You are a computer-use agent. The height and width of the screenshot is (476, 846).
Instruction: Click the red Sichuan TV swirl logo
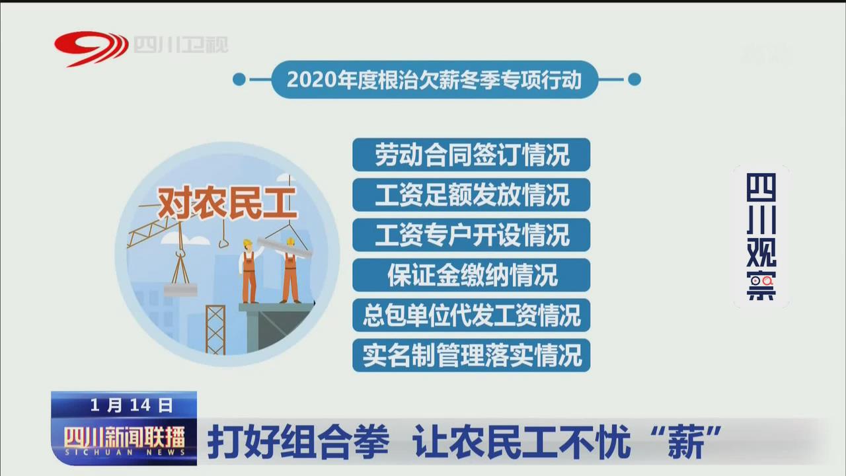click(91, 48)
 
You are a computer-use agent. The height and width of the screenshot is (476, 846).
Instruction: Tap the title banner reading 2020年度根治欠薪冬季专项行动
click(435, 80)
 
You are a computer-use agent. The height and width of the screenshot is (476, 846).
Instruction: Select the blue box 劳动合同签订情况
click(471, 155)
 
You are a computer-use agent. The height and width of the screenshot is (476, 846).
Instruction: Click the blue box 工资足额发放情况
click(471, 195)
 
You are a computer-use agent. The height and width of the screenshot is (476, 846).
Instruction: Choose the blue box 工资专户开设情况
click(471, 235)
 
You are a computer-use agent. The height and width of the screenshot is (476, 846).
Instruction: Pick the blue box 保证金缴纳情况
click(471, 275)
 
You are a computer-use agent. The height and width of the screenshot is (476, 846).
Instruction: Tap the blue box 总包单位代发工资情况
click(471, 315)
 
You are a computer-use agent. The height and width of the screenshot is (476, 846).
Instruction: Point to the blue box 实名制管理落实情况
click(471, 355)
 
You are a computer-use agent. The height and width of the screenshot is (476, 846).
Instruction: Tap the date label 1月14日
click(132, 405)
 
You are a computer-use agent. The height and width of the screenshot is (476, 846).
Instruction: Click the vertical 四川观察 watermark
click(761, 237)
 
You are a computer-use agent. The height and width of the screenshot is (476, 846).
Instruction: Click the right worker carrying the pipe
click(290, 270)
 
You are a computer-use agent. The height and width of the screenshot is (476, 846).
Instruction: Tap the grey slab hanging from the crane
click(180, 290)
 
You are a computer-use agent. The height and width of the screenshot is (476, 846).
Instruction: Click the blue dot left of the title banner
click(239, 80)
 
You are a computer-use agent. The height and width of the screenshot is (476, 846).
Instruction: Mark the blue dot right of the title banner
click(634, 80)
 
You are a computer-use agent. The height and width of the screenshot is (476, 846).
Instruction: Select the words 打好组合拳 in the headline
click(298, 441)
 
